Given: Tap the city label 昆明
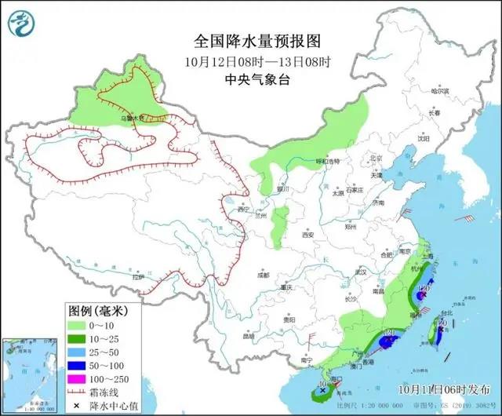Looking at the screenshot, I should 249,336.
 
